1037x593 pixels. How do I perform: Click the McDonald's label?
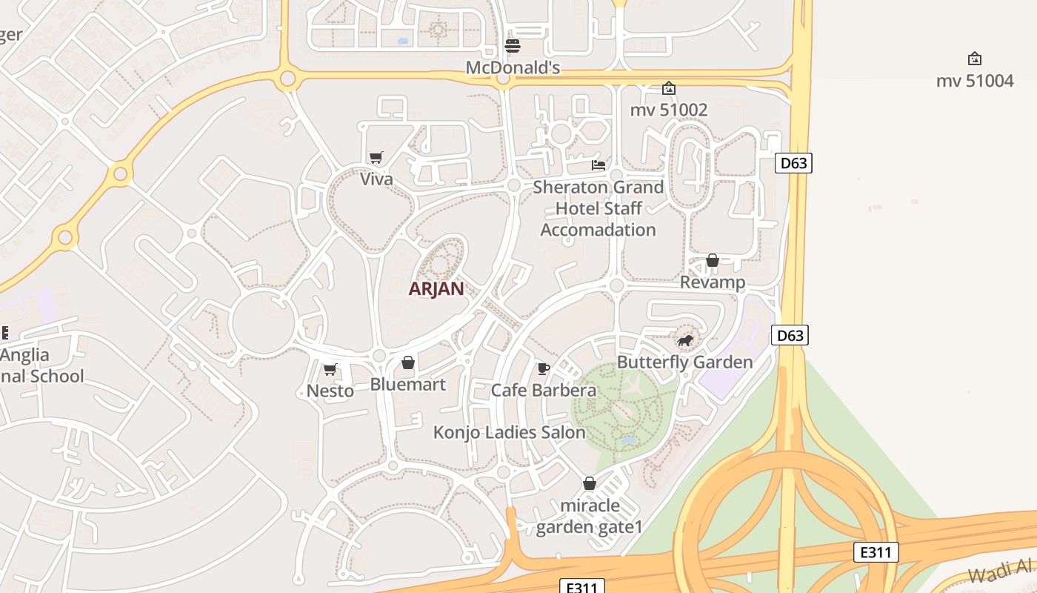512,68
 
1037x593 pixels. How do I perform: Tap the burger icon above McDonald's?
512,46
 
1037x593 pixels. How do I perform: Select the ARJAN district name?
436,289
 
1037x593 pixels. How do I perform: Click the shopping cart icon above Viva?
376,157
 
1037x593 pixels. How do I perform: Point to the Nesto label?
330,391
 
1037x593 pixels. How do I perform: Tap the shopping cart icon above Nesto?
330,369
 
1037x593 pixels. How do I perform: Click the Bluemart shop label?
407,384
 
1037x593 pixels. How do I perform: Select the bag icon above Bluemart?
407,362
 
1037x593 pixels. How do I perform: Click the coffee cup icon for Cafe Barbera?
544,368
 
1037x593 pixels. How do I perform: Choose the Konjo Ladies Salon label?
509,432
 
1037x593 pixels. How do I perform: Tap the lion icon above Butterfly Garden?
685,341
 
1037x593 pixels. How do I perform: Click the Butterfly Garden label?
684,362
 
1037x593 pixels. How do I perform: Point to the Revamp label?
713,282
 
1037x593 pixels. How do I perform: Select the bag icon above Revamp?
713,260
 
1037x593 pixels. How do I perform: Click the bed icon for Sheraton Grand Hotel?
598,165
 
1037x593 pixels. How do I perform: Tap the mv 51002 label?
669,110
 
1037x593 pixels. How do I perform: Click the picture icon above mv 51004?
975,59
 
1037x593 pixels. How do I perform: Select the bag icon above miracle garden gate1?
590,483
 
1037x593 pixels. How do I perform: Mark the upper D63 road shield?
793,163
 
